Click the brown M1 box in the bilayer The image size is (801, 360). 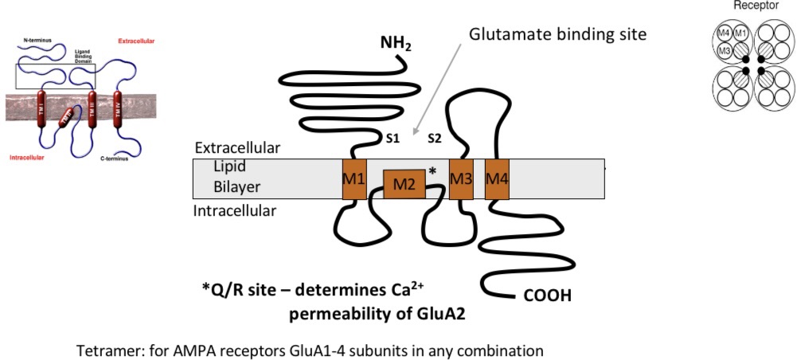pos(354,179)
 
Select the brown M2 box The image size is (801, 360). pos(404,185)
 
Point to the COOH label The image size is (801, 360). pos(548,296)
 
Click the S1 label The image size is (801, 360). pos(393,138)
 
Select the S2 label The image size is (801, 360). pos(434,138)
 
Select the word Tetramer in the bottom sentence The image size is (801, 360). pos(106,350)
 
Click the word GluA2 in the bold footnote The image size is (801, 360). pos(438,313)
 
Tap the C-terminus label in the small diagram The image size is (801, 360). pos(115,158)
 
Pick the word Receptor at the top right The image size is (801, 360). pos(756,6)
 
